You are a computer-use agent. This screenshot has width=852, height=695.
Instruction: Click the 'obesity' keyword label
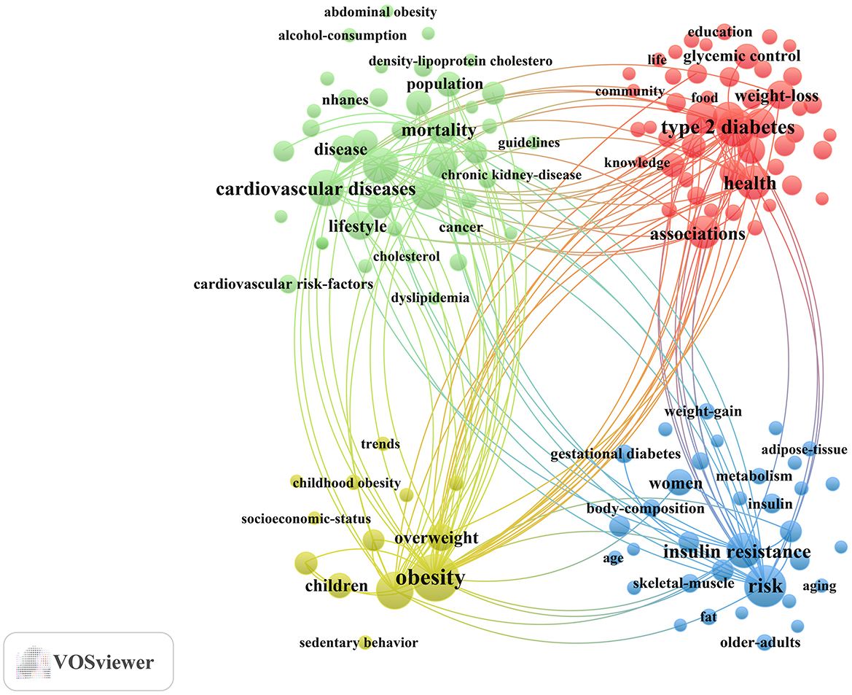430,578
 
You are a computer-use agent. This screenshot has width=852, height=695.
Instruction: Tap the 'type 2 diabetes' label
727,128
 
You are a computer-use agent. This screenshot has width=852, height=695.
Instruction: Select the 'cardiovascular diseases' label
315,190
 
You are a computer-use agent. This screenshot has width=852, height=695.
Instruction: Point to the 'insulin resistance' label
736,552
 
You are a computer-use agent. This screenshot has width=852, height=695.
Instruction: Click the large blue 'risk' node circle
765,586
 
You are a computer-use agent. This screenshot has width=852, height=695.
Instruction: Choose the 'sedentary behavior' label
359,642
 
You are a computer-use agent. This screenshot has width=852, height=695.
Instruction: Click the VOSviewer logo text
103,662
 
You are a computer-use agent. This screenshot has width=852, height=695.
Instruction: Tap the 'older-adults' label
760,642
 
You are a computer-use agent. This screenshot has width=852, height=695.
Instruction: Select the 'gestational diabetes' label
616,454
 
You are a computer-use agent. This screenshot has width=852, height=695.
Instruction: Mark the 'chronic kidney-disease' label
511,175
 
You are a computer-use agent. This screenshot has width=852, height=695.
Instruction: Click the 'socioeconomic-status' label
306,519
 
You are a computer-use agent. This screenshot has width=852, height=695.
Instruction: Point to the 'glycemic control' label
741,56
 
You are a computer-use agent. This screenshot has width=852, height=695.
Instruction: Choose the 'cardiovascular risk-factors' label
284,284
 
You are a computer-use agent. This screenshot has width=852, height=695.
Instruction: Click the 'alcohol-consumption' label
343,35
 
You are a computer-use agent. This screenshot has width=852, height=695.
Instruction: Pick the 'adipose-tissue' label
804,449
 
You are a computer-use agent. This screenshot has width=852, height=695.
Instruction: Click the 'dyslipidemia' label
429,298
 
